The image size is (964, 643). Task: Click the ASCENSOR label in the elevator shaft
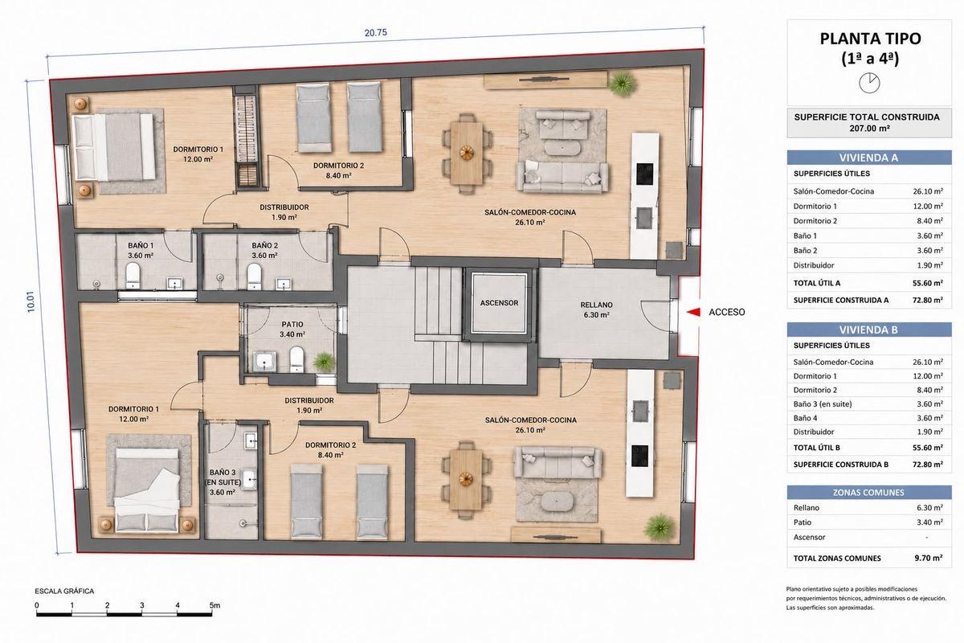coord(499,303)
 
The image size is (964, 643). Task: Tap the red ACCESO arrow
coord(692,312)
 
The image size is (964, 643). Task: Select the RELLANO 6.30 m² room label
coord(596,309)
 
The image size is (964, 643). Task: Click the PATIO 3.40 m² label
coord(292,329)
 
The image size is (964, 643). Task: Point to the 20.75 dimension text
coord(376,33)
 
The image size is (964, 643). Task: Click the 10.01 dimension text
coord(31,301)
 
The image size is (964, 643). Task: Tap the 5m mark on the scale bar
coord(214,605)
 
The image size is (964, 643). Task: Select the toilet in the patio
coord(296,359)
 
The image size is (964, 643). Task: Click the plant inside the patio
coord(324,362)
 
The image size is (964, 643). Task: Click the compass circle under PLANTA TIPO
coord(869,83)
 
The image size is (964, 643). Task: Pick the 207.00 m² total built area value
coord(869,128)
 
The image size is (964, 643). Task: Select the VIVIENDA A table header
coord(869,158)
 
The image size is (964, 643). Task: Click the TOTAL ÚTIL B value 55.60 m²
coord(927,448)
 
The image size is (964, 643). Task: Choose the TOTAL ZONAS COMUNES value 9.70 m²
coord(929,558)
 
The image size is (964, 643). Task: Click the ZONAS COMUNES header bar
coord(869,492)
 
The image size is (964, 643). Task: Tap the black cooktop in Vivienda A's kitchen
coord(644,174)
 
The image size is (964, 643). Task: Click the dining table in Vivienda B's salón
coord(466,479)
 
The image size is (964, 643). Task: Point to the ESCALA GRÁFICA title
coord(64,591)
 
